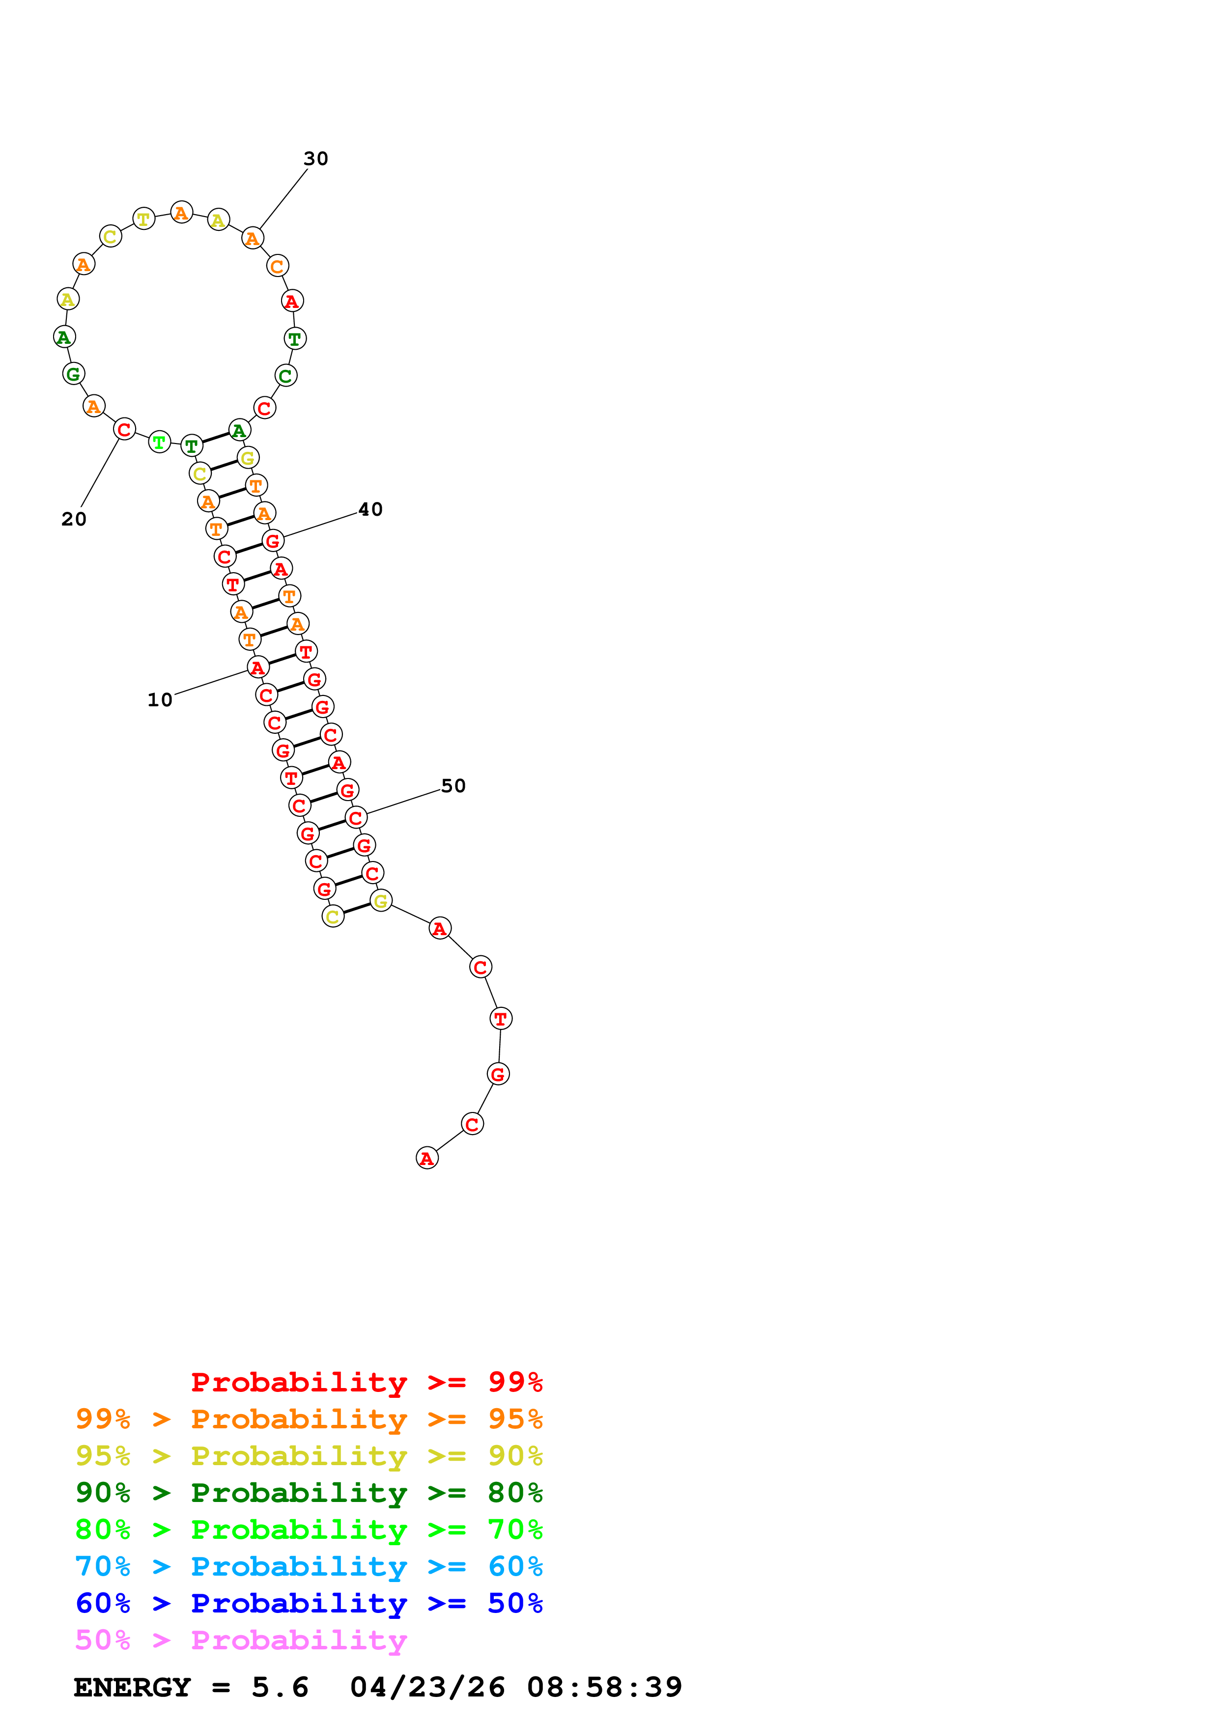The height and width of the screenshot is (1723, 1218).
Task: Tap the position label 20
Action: [74, 519]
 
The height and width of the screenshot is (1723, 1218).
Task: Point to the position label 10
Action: [160, 700]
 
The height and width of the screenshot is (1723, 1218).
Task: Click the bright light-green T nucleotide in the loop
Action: [159, 442]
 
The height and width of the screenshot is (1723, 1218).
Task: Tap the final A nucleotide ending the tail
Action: [426, 1158]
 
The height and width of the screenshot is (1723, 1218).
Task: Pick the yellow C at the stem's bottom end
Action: [333, 917]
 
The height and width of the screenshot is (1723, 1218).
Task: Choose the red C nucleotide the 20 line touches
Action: [125, 429]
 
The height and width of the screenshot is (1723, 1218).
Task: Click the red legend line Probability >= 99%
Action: [366, 1382]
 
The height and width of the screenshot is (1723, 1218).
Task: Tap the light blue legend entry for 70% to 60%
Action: [309, 1566]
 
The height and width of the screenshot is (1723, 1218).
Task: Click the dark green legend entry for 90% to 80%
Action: [309, 1493]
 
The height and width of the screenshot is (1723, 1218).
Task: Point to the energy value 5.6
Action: [280, 1687]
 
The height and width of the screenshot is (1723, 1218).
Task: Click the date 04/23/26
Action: [427, 1687]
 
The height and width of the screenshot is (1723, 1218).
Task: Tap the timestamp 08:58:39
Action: [604, 1687]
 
